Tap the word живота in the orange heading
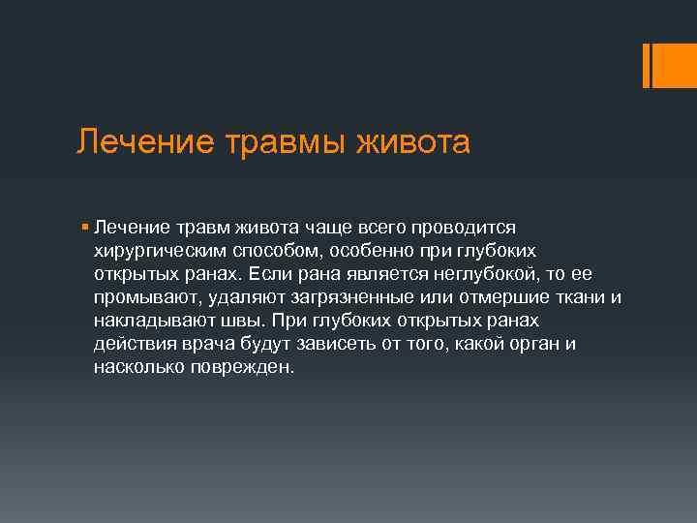coord(413,142)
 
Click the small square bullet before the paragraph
coord(85,226)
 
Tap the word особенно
coord(363,249)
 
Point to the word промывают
coord(138,295)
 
